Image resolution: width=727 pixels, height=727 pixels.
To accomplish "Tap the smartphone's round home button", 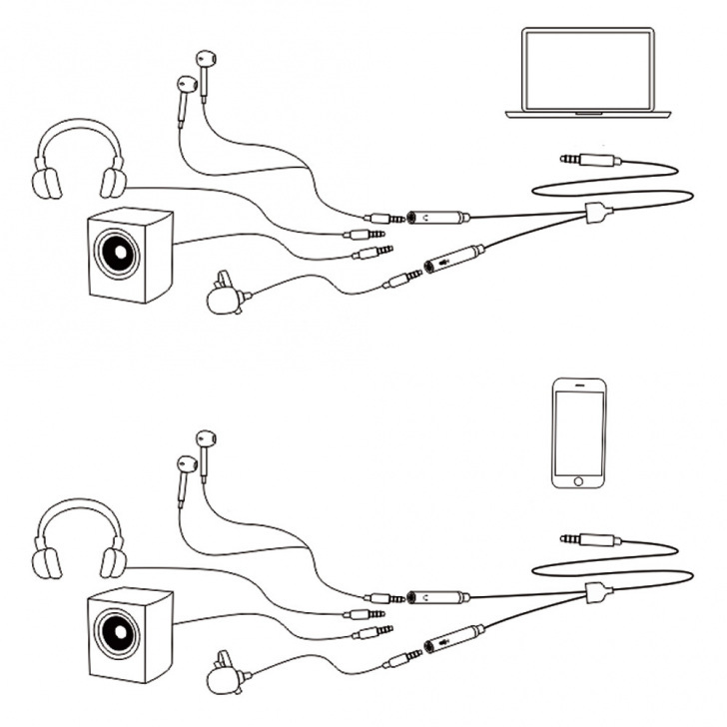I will point(578,480).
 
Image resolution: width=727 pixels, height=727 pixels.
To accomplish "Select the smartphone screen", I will point(578,430).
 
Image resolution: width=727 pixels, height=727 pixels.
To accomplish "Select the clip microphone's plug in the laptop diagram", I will point(403,279).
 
